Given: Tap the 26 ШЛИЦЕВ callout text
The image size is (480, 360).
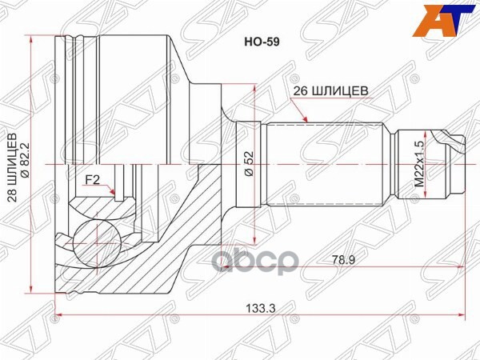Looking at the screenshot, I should coord(330,91).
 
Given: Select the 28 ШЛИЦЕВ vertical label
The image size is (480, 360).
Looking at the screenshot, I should coord(13,167).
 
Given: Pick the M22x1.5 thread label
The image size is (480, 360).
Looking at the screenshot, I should coord(420,166).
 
